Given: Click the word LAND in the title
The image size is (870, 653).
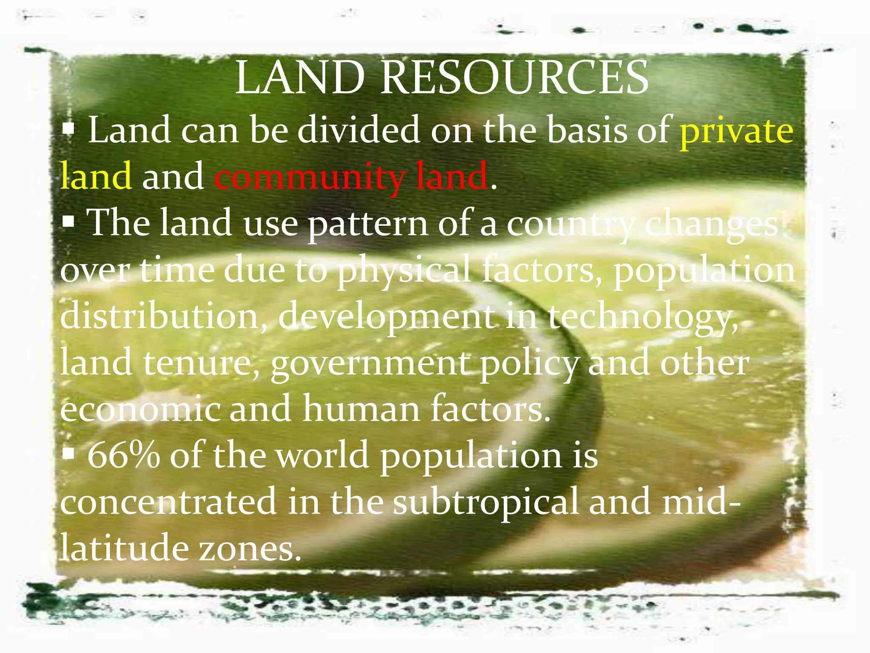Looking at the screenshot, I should [300, 78].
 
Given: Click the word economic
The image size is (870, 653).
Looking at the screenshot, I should [140, 409].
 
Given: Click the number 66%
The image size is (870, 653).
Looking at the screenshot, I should [124, 455].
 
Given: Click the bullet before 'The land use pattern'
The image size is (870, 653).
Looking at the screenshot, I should [68, 221].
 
